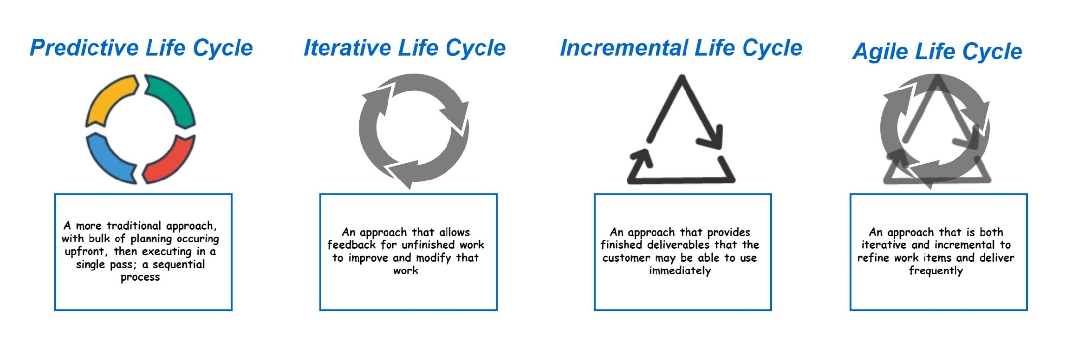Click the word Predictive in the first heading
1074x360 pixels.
[84, 48]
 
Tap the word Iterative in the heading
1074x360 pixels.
[347, 48]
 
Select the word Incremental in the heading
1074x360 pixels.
[624, 48]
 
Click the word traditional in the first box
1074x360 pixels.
[134, 226]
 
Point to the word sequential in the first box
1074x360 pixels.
[179, 264]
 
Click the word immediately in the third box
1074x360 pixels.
[680, 270]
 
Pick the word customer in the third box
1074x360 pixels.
[626, 258]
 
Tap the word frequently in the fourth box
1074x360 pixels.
[935, 270]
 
